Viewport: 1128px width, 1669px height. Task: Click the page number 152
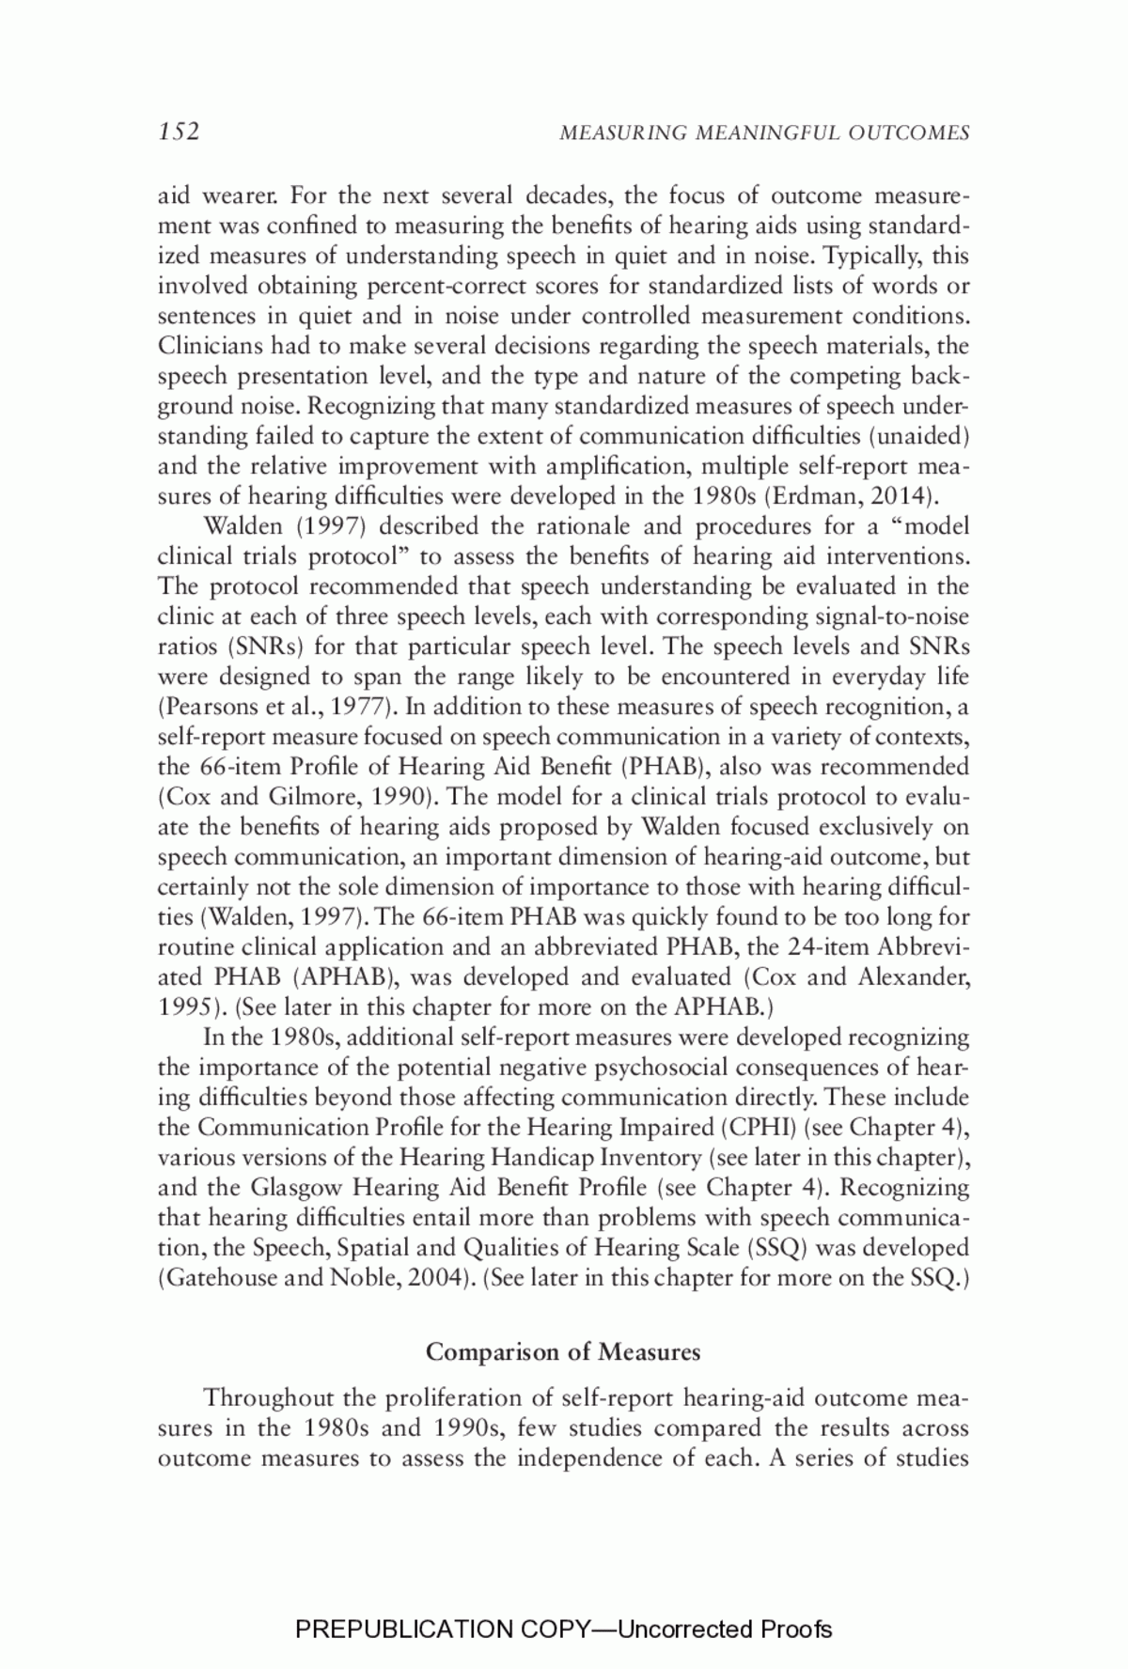(179, 132)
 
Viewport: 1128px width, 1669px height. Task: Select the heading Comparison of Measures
(563, 1352)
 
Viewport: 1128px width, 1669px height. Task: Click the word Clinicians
(206, 346)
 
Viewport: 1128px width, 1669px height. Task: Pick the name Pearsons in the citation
(209, 707)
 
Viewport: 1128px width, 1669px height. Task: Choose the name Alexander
(912, 977)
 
